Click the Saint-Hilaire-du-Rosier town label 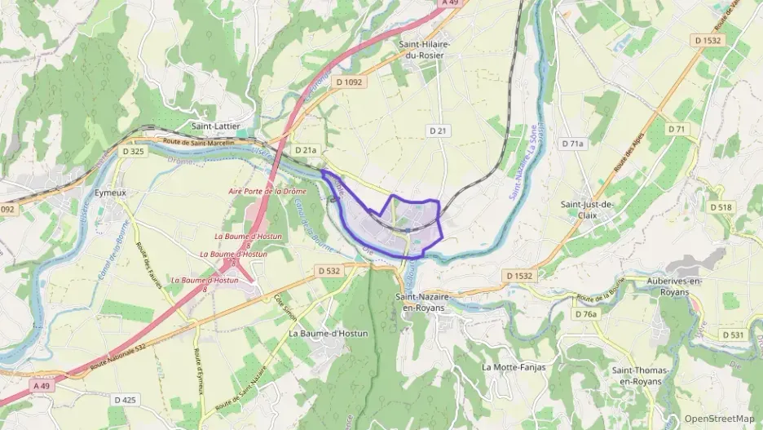(x=424, y=49)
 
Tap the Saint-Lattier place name (x=214, y=126)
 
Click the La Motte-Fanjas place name (x=514, y=367)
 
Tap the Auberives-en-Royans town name (x=673, y=286)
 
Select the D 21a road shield (x=306, y=150)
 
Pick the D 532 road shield (x=329, y=270)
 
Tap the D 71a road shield (x=573, y=144)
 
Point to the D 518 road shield (x=721, y=207)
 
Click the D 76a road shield (x=585, y=314)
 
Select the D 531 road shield (x=733, y=335)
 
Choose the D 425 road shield (x=125, y=400)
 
